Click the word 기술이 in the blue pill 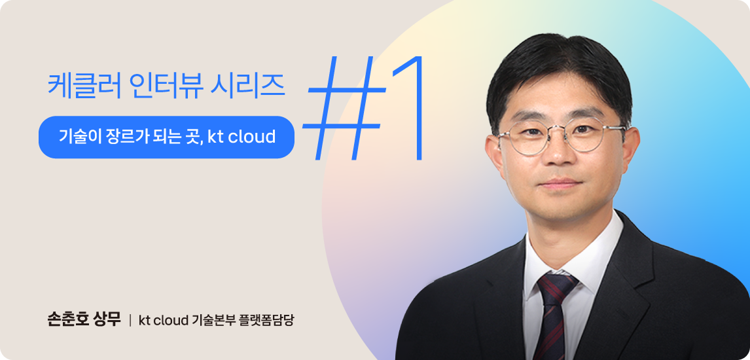point(75,137)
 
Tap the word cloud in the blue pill point(252,137)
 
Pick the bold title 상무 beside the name point(107,319)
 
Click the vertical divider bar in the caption point(130,320)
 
